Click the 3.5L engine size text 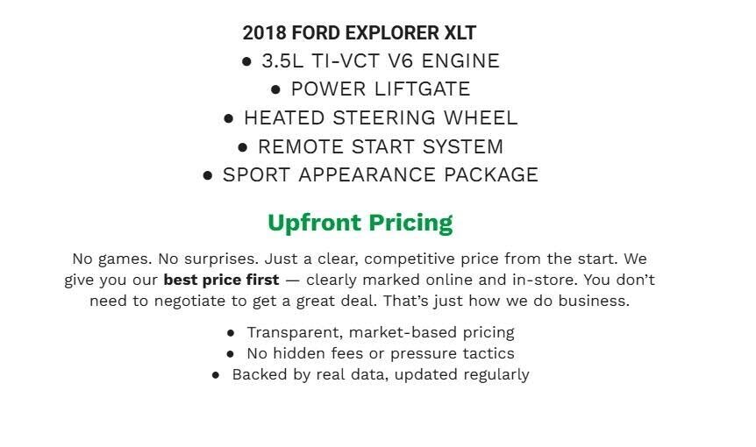(282, 60)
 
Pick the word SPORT (257, 174)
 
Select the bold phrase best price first (221, 280)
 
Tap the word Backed (259, 374)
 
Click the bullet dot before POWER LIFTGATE (276, 89)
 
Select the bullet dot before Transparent (231, 333)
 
